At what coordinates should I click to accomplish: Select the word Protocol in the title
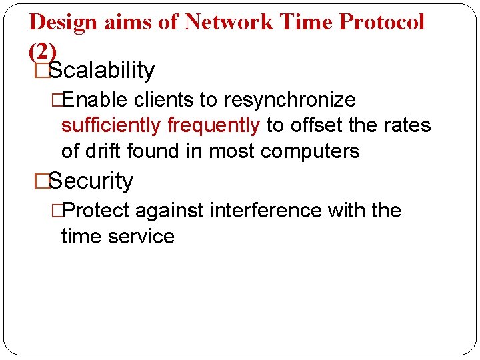pos(381,22)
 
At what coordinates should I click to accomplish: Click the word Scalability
pos(101,70)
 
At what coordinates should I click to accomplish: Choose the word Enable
pos(97,100)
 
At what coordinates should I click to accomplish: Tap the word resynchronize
pos(290,100)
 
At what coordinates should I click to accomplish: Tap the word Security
pos(91,181)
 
